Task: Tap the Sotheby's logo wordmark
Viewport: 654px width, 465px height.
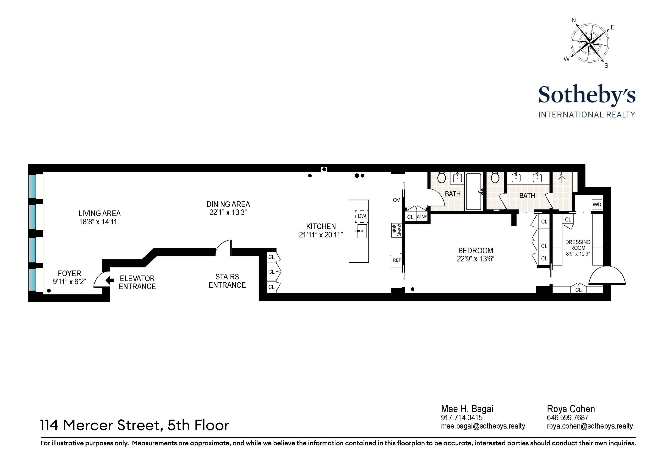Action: pos(587,95)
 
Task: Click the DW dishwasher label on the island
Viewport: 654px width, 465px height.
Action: pos(362,216)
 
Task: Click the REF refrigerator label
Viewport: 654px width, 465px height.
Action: pos(397,260)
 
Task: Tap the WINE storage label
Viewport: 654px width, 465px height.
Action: pos(421,217)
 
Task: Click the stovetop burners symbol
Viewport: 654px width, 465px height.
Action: pos(397,230)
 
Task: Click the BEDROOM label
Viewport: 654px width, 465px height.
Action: pos(475,251)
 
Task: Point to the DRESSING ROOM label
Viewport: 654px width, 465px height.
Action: pos(578,245)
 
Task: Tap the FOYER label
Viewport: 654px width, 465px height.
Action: pos(69,273)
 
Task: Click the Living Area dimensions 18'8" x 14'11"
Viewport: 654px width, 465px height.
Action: pos(99,222)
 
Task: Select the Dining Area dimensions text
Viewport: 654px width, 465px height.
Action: pos(228,212)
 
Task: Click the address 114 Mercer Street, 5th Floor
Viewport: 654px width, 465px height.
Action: pos(135,425)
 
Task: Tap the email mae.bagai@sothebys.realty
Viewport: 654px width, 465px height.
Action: pos(483,426)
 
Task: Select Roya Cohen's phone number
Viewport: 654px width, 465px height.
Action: pos(567,418)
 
